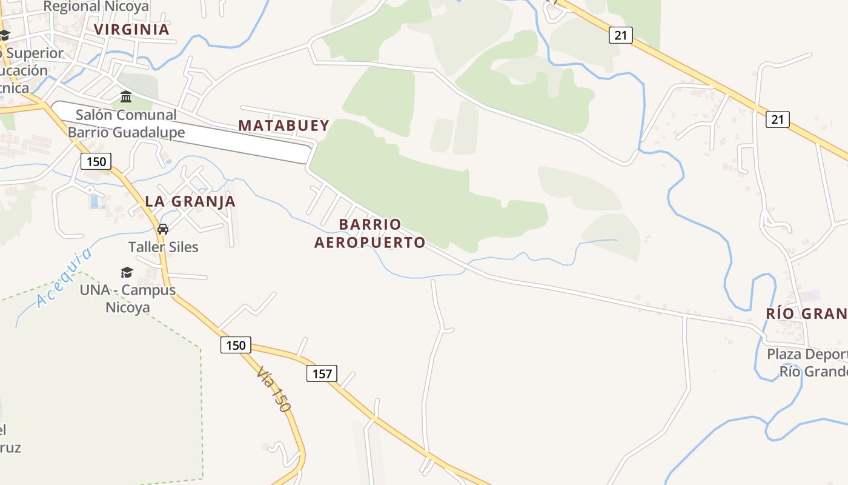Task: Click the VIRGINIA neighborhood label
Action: pos(131,29)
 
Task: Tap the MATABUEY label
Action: pos(284,125)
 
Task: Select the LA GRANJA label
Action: pos(190,201)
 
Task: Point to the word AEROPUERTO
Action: pos(369,242)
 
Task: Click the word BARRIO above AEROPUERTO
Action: pos(370,224)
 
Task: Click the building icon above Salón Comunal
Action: pos(126,97)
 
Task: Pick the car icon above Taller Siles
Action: pos(162,229)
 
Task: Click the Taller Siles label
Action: pos(163,247)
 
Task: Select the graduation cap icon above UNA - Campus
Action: pos(127,272)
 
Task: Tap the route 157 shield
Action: pos(322,373)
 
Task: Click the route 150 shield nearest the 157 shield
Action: pos(235,346)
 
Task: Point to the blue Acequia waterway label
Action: pos(64,277)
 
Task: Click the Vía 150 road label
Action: pos(273,389)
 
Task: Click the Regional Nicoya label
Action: pos(96,7)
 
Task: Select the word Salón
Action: pos(96,115)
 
